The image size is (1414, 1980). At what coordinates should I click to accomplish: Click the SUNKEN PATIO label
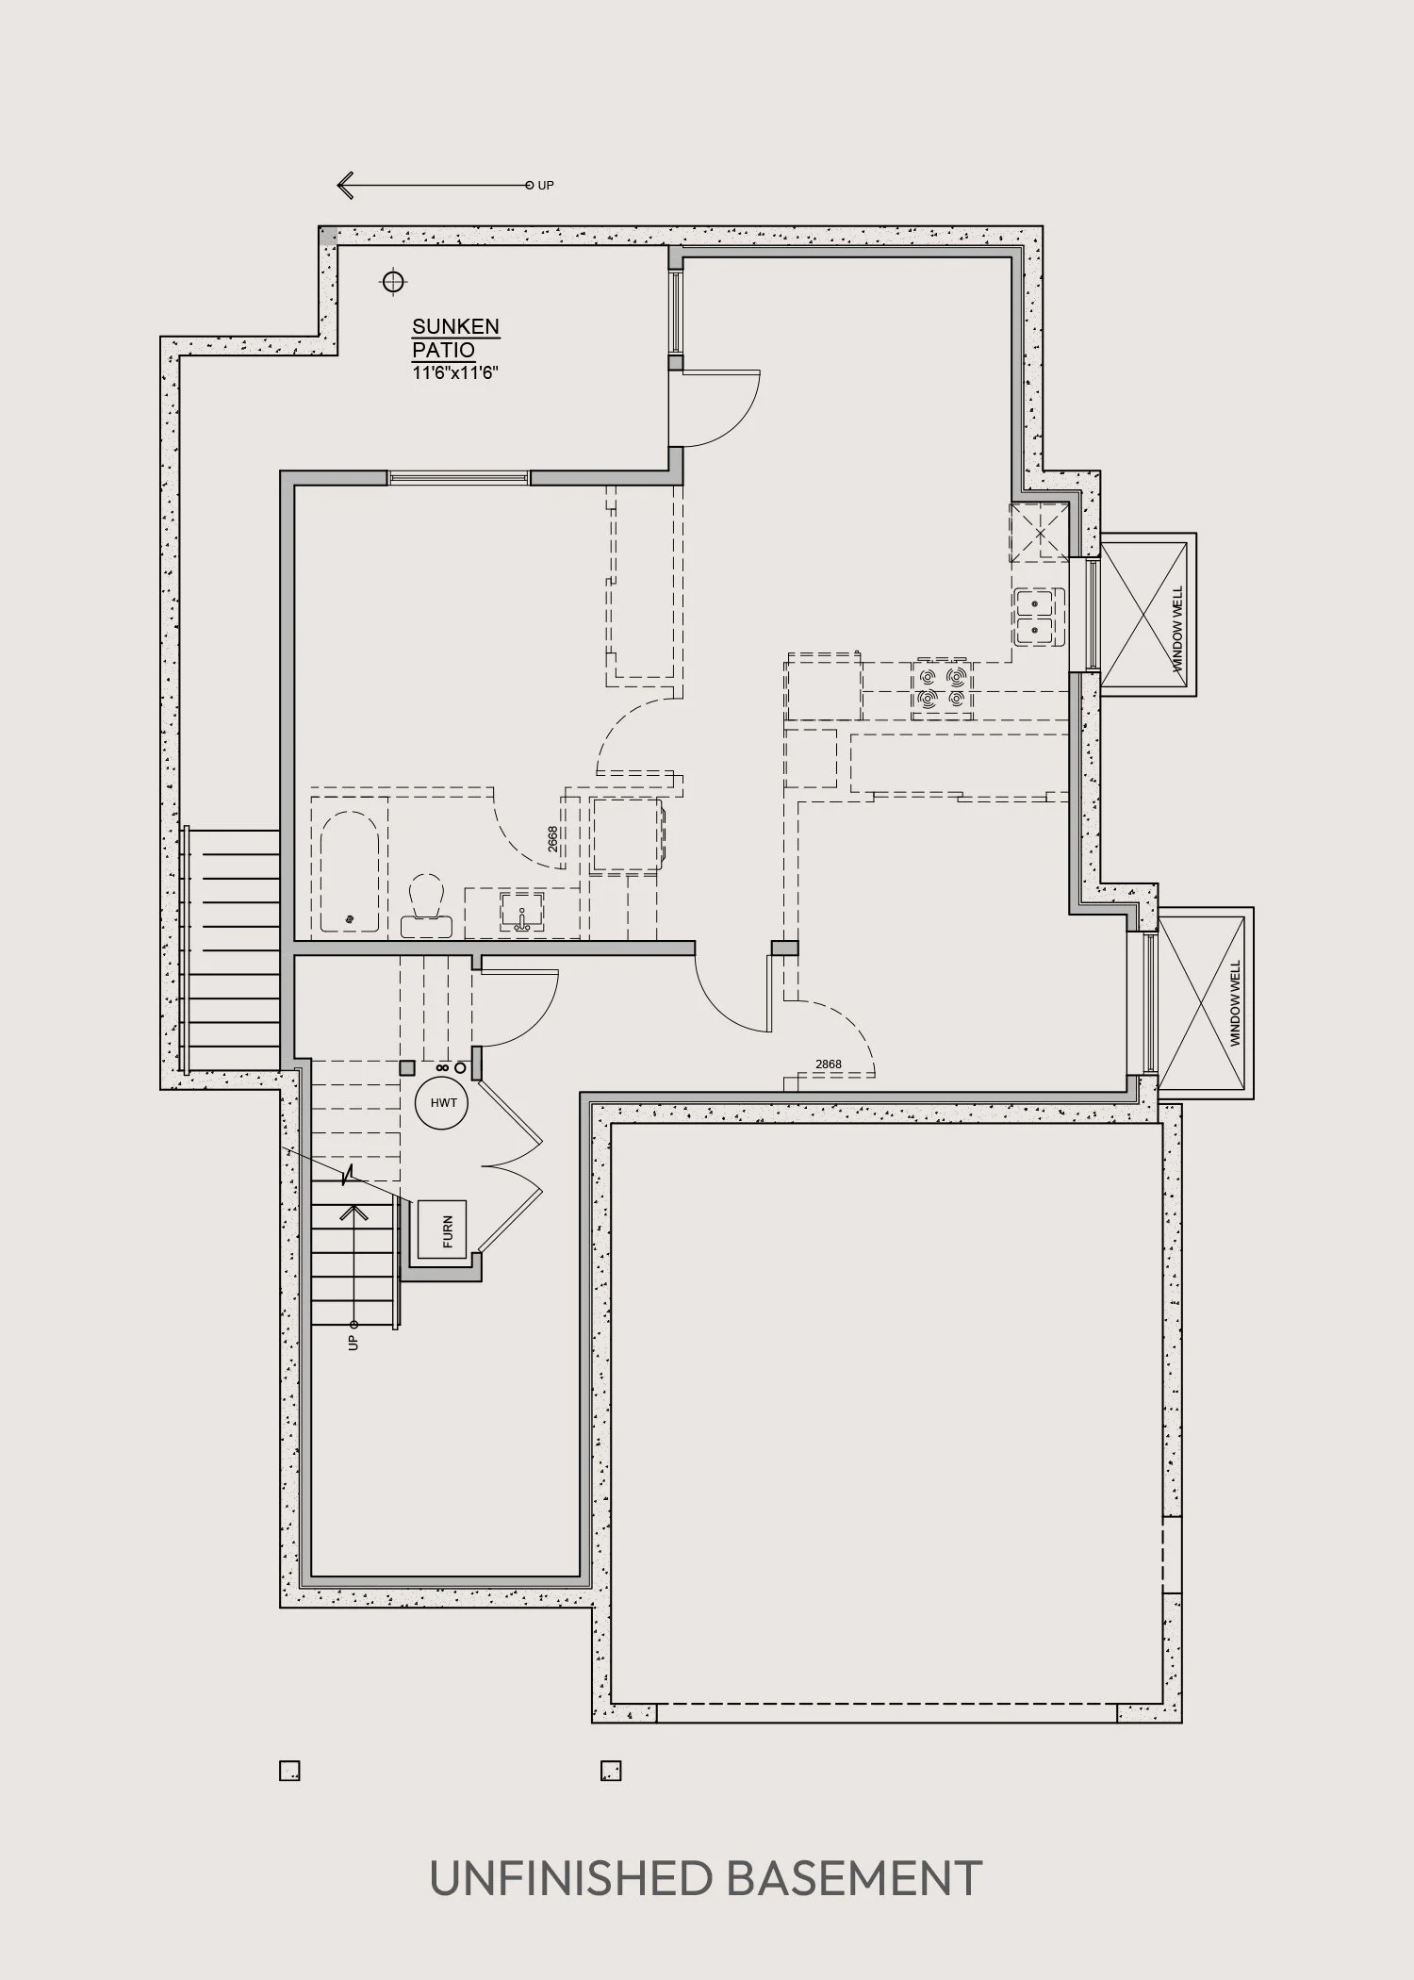[455, 338]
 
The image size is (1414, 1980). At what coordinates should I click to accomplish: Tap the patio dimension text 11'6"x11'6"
[454, 372]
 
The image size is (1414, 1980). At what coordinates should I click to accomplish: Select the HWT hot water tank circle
[443, 1102]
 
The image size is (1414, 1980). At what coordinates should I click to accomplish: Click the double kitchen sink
[1039, 617]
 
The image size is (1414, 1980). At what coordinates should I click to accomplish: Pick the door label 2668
[552, 839]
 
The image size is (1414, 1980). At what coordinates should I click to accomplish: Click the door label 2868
[829, 1064]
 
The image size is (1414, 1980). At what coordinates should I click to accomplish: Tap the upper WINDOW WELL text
[1177, 629]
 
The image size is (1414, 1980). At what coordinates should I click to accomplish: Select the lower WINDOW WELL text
[1236, 1003]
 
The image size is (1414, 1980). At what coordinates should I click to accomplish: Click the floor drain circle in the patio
[392, 280]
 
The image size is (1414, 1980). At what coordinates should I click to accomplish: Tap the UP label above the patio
[546, 186]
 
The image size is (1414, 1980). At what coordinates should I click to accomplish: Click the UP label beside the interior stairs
[353, 1342]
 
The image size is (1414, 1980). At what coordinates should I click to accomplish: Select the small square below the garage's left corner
[611, 1771]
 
